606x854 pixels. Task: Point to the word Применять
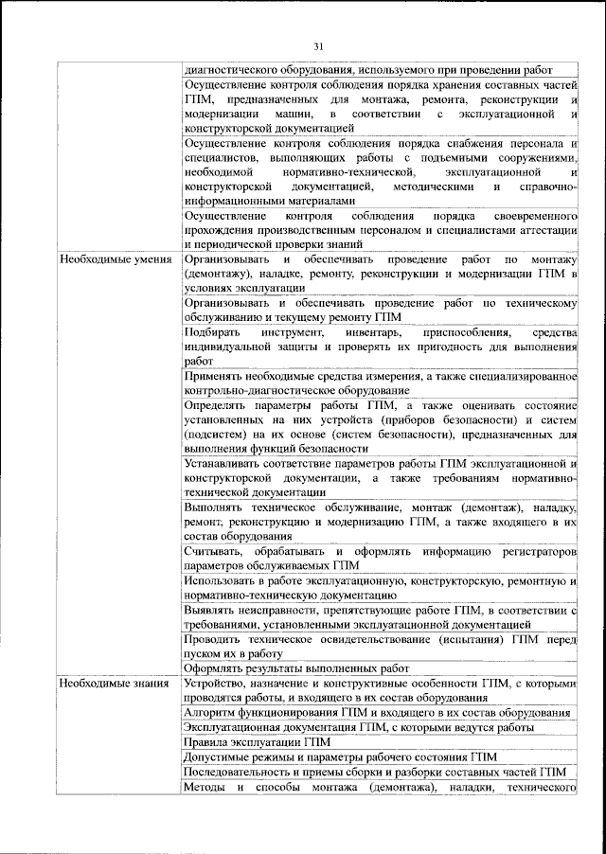215,376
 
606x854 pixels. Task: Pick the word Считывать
214,552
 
